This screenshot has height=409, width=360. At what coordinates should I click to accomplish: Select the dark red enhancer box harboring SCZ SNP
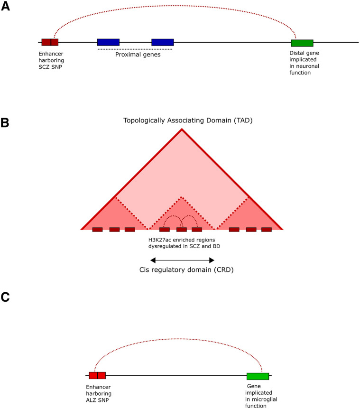50,42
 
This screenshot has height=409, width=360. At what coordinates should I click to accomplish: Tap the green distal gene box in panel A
302,43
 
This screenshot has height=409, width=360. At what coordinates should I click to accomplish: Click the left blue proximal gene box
108,42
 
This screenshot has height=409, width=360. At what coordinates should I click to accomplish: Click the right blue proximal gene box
162,42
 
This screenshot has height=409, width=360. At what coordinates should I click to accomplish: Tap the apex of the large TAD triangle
182,129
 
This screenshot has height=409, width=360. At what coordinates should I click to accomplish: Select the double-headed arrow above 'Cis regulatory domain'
182,260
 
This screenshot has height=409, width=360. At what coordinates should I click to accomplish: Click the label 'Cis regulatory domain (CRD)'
182,271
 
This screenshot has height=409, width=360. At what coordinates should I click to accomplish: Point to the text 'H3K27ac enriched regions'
182,240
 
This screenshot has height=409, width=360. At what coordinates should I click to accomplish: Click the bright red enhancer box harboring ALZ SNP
97,375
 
